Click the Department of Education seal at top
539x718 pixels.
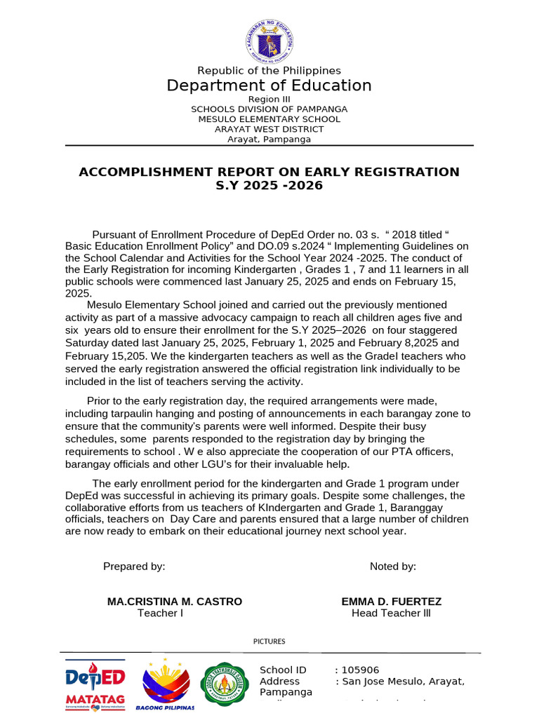[269, 41]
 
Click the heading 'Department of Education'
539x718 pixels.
[269, 86]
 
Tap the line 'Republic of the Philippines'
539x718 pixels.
[269, 70]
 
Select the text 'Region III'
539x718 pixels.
[269, 100]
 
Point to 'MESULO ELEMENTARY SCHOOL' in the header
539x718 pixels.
[269, 119]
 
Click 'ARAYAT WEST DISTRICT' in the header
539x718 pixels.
[269, 129]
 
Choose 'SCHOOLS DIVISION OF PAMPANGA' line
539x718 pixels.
[269, 109]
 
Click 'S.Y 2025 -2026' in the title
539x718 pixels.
[269, 186]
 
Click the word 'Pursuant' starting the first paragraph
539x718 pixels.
[114, 235]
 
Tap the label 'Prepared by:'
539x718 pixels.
[134, 567]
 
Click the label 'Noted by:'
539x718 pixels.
[393, 567]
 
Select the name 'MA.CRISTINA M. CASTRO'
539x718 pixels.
[175, 602]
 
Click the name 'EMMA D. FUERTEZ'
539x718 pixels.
[392, 602]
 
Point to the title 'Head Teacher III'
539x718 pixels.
[391, 614]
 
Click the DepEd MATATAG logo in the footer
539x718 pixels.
[95, 684]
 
